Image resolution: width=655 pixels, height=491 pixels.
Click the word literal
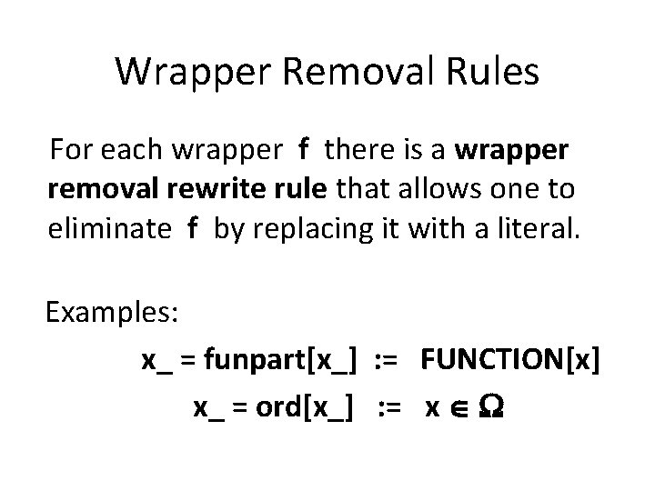pos(530,230)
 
